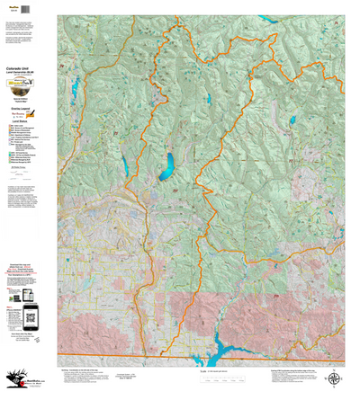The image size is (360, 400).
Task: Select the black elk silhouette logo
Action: pos(14,377)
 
